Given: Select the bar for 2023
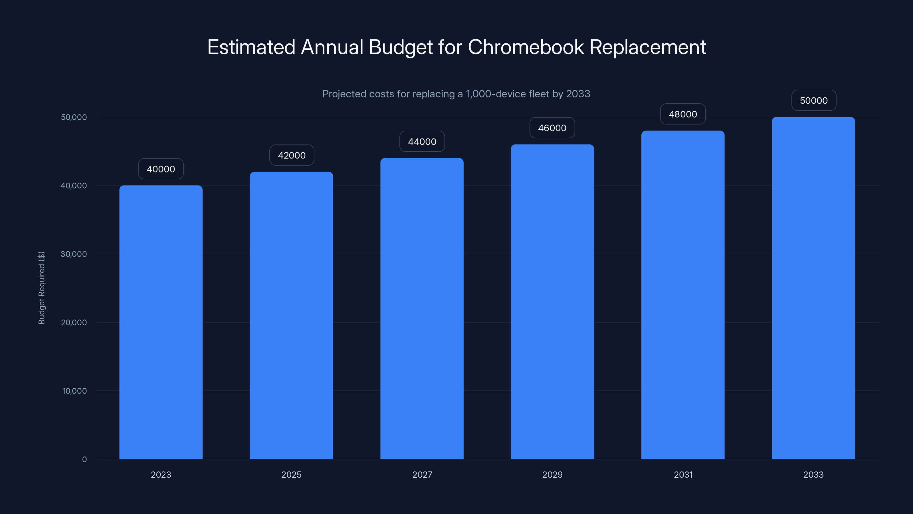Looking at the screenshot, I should [161, 322].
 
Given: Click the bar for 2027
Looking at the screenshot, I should [422, 309].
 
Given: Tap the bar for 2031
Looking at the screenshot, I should [683, 294].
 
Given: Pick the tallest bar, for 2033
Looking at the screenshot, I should [813, 288].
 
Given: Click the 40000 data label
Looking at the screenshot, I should [161, 169].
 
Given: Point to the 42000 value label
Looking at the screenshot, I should [292, 155].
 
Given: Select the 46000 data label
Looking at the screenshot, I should [552, 128].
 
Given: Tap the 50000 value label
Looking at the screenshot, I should [814, 101].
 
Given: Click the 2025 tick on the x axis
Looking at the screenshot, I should [291, 475].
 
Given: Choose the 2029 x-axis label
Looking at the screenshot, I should [552, 475].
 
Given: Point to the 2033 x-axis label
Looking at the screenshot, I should [813, 475].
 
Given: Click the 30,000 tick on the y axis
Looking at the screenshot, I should [73, 254].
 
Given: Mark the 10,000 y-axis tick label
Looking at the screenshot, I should [74, 391].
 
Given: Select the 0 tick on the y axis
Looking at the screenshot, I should [84, 459].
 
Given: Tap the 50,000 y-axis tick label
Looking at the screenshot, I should [73, 117].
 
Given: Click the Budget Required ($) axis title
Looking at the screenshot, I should [41, 288].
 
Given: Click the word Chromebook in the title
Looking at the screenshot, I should [526, 47].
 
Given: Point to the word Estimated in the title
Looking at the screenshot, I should [251, 47].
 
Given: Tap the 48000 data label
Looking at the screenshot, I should [683, 114].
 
